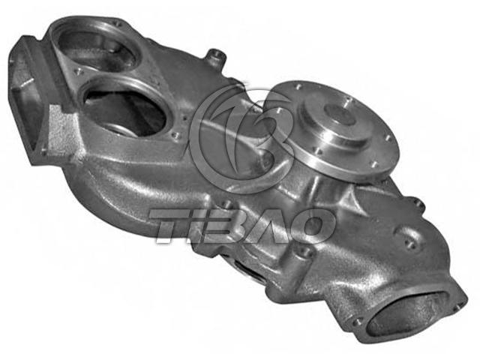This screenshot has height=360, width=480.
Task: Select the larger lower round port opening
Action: click(125, 110)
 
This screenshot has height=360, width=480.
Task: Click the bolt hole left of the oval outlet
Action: click(355, 322)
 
